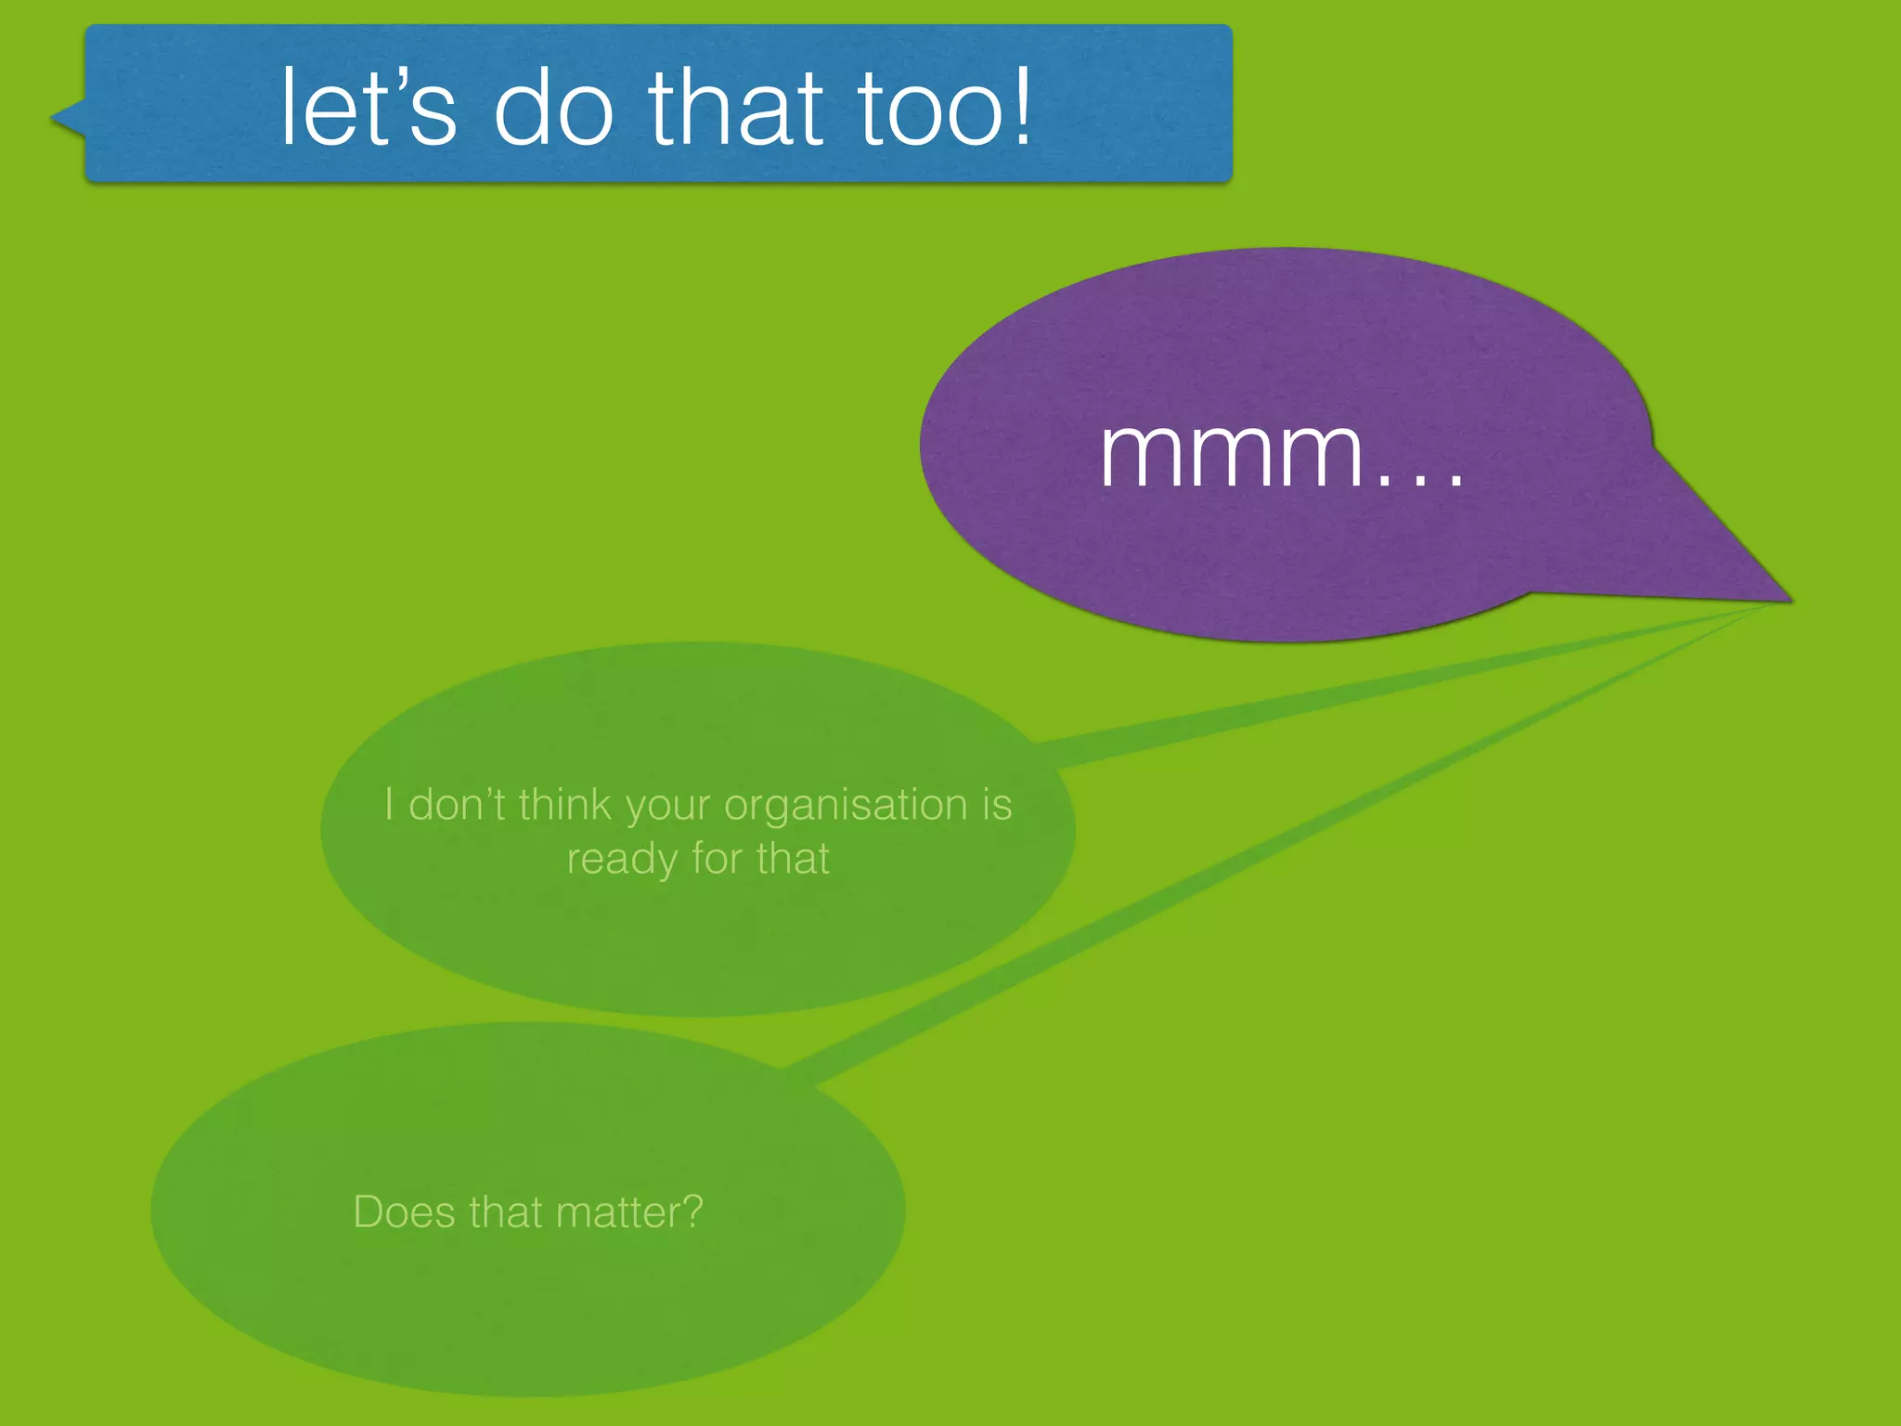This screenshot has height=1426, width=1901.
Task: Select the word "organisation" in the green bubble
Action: coord(845,805)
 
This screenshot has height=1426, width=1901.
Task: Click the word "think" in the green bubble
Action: coord(565,805)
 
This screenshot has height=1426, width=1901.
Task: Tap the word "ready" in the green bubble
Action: coord(622,860)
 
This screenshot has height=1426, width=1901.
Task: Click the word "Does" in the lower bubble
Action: coord(405,1212)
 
